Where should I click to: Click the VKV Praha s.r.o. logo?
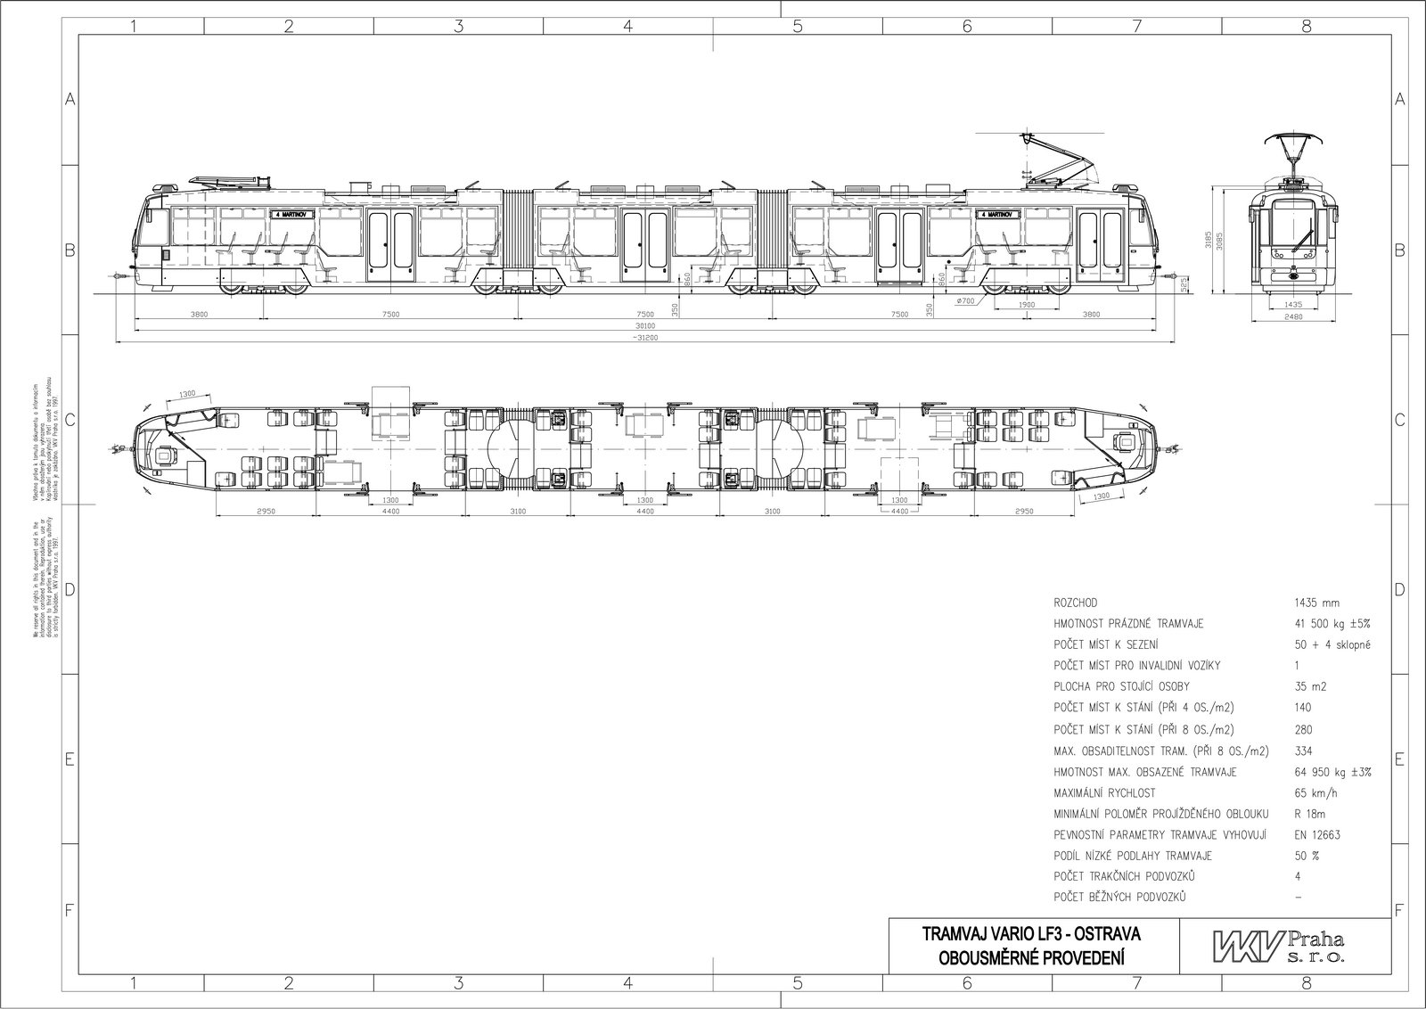coord(1278,946)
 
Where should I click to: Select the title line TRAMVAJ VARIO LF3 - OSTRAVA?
coord(1031,935)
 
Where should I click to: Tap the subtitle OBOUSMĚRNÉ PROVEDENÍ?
coord(1031,958)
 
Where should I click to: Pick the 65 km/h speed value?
coord(1315,792)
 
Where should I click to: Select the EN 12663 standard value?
coord(1317,835)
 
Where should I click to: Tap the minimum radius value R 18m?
coord(1311,814)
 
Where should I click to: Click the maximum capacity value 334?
coord(1303,751)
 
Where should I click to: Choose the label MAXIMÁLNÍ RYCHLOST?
coord(1105,792)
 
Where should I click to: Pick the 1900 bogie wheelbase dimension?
coord(1025,304)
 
